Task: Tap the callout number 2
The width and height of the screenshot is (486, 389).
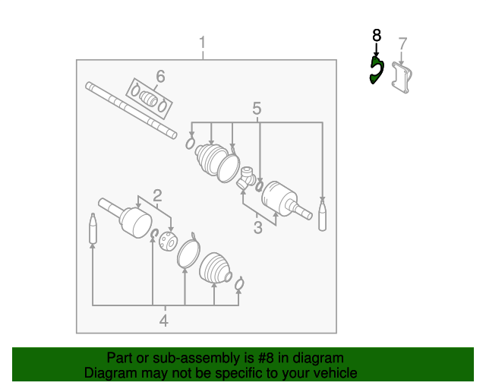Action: point(157,194)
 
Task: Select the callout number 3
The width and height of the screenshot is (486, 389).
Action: point(257,226)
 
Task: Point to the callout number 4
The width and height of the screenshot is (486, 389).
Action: point(163,321)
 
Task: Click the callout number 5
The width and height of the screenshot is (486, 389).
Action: point(257,108)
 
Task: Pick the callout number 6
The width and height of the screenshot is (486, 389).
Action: point(160,75)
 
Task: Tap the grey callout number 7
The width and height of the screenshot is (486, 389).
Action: point(402,43)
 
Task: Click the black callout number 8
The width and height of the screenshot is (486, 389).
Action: point(376,35)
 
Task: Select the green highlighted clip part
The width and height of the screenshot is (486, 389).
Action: point(375,71)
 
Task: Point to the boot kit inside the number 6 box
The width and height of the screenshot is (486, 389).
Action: point(149,99)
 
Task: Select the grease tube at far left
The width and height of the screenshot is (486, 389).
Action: point(93,229)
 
